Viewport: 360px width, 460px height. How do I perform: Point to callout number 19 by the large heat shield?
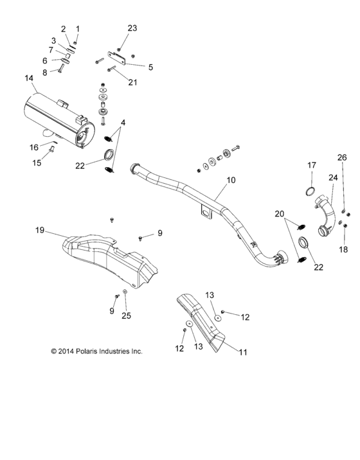click(x=39, y=229)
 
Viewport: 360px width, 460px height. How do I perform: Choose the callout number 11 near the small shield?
click(x=242, y=352)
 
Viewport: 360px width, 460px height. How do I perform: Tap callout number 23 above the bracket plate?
click(x=132, y=28)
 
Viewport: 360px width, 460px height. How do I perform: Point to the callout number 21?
click(x=132, y=82)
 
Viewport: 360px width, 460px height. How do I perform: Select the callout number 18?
click(x=343, y=249)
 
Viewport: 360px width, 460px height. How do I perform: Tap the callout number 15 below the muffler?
click(x=37, y=163)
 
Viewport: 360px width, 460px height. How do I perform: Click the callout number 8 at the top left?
click(x=44, y=72)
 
